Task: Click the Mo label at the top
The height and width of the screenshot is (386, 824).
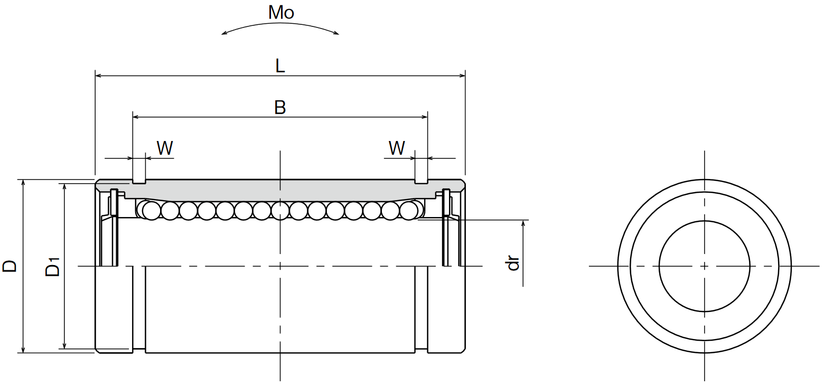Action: pyautogui.click(x=280, y=13)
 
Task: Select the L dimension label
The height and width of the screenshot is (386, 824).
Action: pyautogui.click(x=280, y=65)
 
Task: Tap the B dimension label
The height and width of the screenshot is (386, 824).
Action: pyautogui.click(x=280, y=107)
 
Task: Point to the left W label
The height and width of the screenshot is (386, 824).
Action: pyautogui.click(x=165, y=148)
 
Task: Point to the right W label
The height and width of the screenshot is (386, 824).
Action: pyautogui.click(x=397, y=148)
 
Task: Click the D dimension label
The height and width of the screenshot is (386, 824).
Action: pyautogui.click(x=10, y=266)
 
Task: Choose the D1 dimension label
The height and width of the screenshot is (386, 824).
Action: pyautogui.click(x=53, y=266)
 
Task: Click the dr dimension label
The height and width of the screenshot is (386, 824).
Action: pyautogui.click(x=513, y=263)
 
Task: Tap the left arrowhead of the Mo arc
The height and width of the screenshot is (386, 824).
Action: pyautogui.click(x=224, y=34)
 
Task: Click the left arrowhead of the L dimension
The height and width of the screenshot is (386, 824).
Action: pyautogui.click(x=98, y=76)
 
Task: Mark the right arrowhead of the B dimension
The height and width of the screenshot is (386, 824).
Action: pyautogui.click(x=425, y=117)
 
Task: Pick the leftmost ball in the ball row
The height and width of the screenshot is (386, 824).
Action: pyautogui.click(x=152, y=211)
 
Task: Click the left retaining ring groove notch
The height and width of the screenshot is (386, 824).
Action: pyautogui.click(x=139, y=181)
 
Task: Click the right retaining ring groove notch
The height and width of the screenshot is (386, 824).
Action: pyautogui.click(x=421, y=181)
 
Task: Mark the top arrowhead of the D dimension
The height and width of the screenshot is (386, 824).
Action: pyautogui.click(x=23, y=182)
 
